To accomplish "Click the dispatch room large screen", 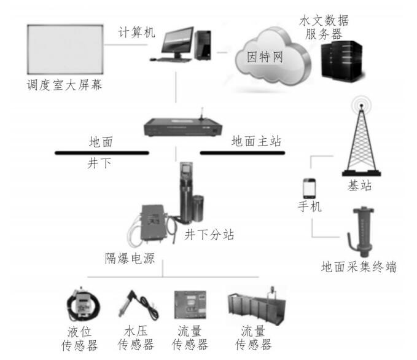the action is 65,50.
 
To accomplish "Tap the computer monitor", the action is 177,42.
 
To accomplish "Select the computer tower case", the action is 203,45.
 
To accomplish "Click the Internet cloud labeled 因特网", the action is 272,57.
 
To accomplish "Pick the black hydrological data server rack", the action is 341,61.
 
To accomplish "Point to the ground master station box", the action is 183,127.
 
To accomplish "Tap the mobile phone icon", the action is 310,189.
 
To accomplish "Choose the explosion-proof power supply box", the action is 154,223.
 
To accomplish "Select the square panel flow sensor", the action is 190,305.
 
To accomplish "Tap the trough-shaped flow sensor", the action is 257,306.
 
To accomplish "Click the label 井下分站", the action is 209,235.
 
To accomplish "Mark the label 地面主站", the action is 256,141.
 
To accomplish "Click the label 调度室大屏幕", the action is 64,85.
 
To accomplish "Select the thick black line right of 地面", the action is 102,153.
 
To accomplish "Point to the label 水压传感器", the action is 136,338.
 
